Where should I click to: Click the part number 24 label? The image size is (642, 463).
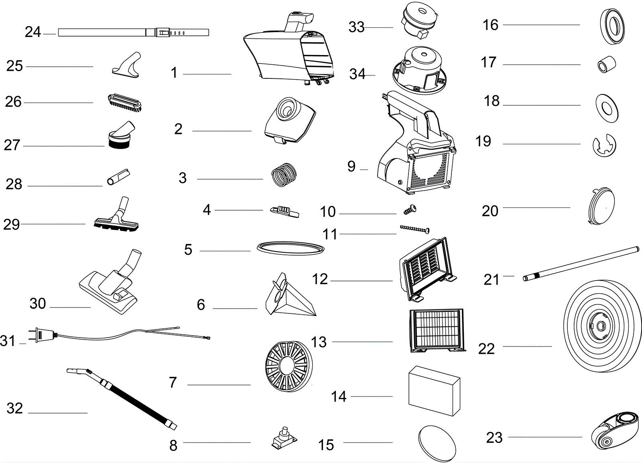(x=33, y=32)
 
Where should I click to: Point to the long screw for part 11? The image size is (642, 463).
(x=414, y=229)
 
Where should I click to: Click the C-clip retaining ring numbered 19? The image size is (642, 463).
(x=604, y=145)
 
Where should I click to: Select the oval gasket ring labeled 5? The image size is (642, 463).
(x=290, y=248)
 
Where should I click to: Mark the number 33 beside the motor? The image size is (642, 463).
(x=356, y=27)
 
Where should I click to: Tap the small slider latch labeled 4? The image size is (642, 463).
(x=285, y=211)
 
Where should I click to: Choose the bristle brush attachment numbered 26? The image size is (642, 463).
(x=124, y=102)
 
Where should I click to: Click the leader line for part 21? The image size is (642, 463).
(x=509, y=276)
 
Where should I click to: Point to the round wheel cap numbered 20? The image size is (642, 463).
(x=600, y=205)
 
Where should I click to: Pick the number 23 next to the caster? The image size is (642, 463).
(x=494, y=438)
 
